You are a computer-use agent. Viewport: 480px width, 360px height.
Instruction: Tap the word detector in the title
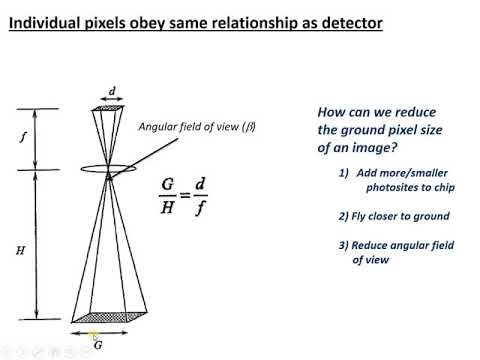(x=346, y=20)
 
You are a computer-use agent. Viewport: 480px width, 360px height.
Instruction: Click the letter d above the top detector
(x=111, y=91)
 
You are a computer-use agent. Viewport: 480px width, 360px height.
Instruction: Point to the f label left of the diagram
(x=24, y=140)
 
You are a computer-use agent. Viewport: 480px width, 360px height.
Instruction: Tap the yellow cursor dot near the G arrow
(x=94, y=336)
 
